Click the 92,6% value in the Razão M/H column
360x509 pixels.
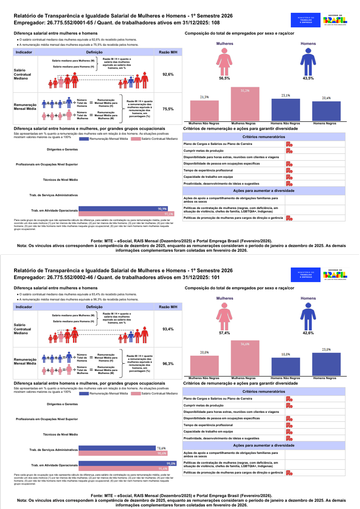(x=168, y=74)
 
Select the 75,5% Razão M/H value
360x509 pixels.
(x=168, y=109)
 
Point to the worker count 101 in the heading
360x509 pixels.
(x=216, y=277)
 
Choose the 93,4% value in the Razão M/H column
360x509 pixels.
(x=168, y=329)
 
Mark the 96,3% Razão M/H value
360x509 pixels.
(x=168, y=364)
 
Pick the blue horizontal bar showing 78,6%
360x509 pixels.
(x=117, y=448)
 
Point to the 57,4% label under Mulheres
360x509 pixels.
(x=224, y=332)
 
